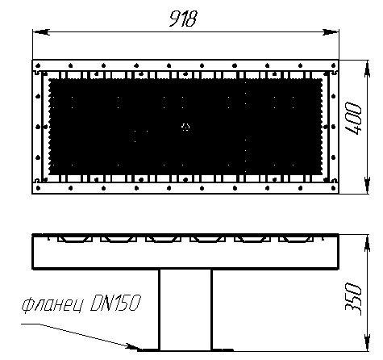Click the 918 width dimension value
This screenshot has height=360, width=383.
click(x=183, y=19)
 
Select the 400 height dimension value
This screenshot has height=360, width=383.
click(x=353, y=119)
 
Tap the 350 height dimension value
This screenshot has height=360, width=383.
click(x=353, y=299)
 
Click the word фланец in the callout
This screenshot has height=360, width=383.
click(x=52, y=305)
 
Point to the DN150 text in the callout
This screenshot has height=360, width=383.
click(x=115, y=303)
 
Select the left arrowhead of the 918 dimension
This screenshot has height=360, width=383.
click(x=41, y=32)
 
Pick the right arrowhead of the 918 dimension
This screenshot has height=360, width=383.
click(x=331, y=32)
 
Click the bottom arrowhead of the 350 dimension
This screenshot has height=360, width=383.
click(x=367, y=342)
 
